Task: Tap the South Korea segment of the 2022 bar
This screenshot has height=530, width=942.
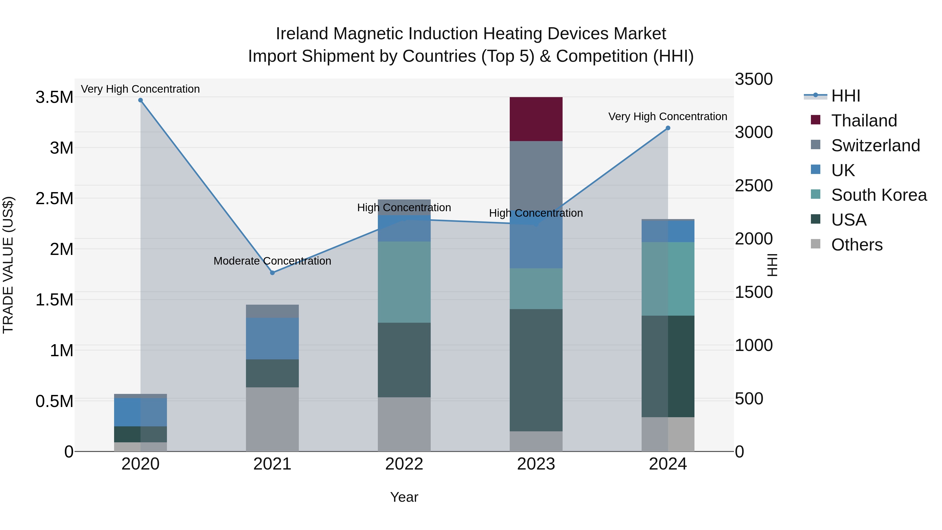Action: click(404, 282)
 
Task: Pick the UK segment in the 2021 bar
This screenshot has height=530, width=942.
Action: click(272, 338)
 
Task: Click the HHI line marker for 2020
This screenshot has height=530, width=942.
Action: click(141, 100)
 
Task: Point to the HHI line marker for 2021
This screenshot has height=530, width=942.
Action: click(272, 273)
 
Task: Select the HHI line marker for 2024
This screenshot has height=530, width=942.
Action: click(668, 128)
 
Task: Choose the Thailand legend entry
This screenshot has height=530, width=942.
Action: click(864, 120)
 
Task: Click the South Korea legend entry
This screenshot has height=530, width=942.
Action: click(879, 195)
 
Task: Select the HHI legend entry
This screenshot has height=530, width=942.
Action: click(845, 96)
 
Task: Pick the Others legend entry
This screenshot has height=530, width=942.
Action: click(856, 245)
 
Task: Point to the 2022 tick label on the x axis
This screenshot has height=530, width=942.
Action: click(404, 464)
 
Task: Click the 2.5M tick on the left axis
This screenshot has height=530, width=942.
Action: click(54, 199)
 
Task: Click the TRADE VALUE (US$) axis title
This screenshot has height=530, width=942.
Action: click(8, 265)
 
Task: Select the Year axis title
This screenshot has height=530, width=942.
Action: click(404, 497)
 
